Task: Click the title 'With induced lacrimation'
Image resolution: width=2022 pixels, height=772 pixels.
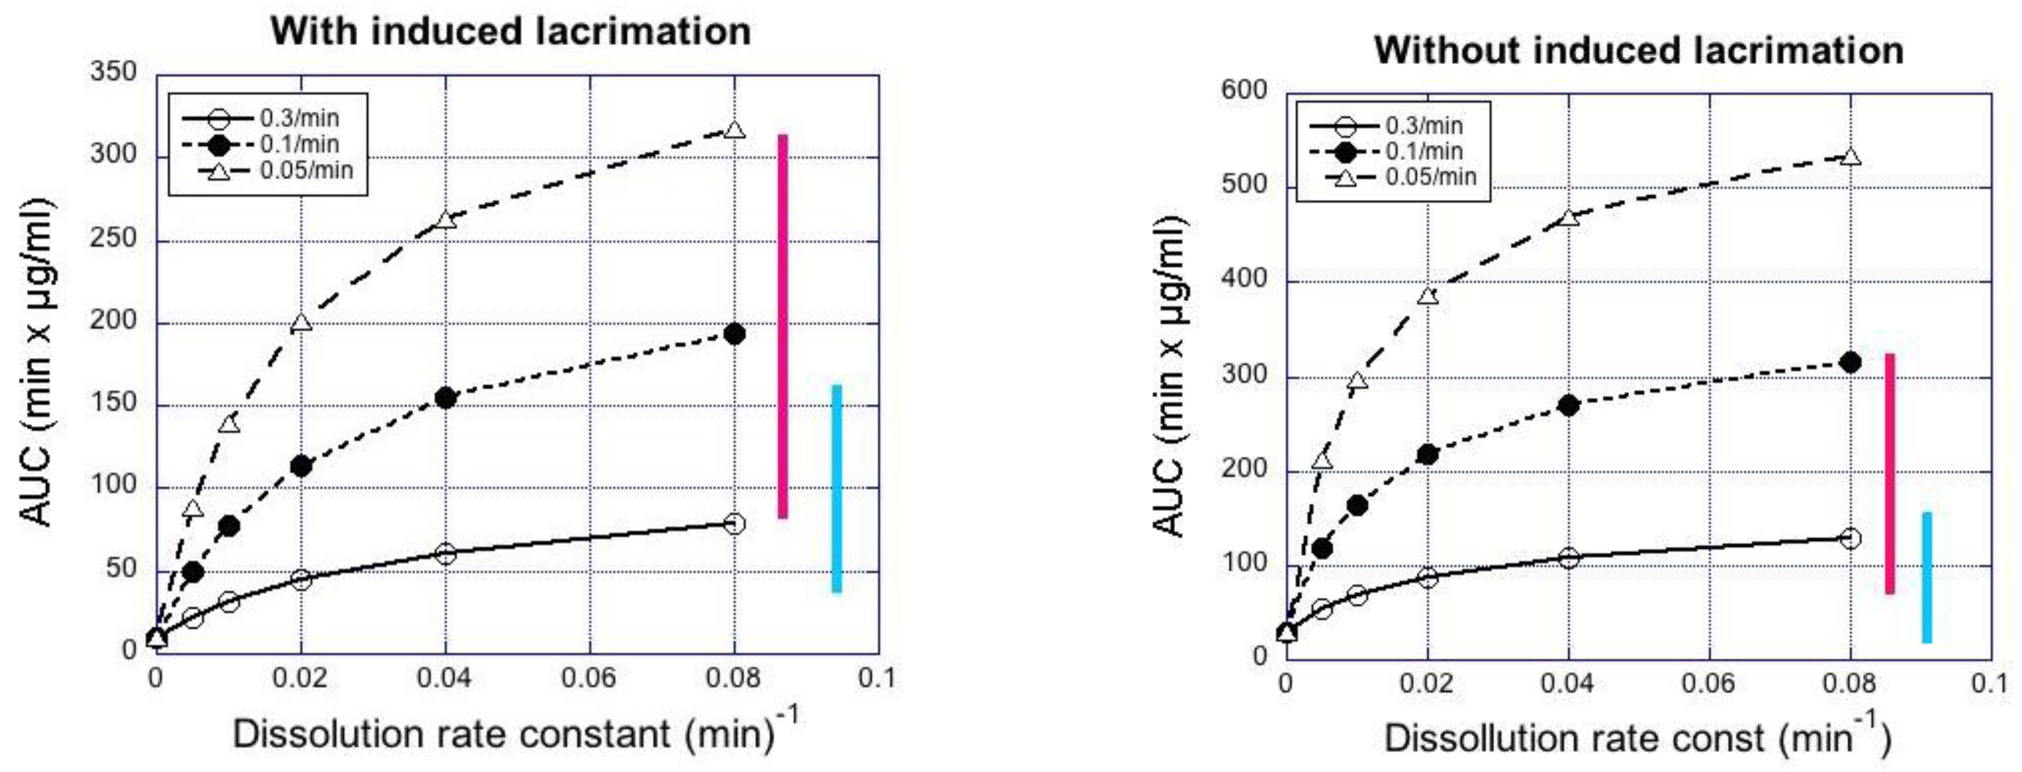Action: point(510,31)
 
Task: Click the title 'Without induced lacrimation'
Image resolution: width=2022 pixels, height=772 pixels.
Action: point(1639,50)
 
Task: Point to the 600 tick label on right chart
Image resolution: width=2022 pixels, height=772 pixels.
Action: point(1244,90)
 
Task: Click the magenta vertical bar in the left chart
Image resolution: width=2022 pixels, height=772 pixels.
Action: point(782,326)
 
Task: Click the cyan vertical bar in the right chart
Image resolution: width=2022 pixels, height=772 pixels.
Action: point(1927,577)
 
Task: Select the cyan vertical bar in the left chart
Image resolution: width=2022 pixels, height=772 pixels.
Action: point(837,489)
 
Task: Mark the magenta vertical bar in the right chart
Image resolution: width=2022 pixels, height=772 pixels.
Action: point(1890,474)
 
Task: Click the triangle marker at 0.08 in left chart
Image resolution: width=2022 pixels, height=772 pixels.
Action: point(734,130)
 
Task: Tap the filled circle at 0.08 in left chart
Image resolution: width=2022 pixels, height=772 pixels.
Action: point(734,334)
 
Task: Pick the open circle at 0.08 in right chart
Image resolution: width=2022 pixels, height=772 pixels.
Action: point(1851,539)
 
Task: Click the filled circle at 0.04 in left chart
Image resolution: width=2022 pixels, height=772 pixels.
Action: point(446,398)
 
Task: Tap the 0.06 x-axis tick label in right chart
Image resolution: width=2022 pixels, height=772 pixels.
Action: point(1708,684)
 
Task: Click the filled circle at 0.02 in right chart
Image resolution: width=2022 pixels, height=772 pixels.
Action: point(1428,455)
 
